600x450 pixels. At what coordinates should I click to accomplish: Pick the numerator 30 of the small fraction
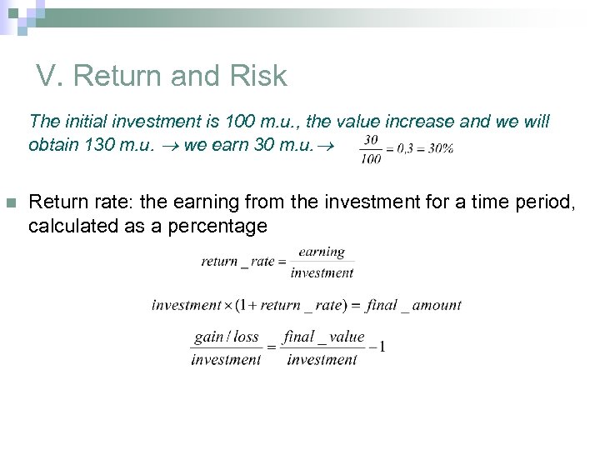click(x=372, y=139)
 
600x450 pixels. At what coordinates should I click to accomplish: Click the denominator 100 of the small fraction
click(x=372, y=157)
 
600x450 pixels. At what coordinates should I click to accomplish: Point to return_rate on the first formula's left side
click(x=237, y=262)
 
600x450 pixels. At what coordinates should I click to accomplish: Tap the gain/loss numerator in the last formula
click(x=226, y=337)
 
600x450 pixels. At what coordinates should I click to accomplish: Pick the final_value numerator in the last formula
click(x=323, y=337)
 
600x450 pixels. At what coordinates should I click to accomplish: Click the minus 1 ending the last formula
click(x=377, y=347)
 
